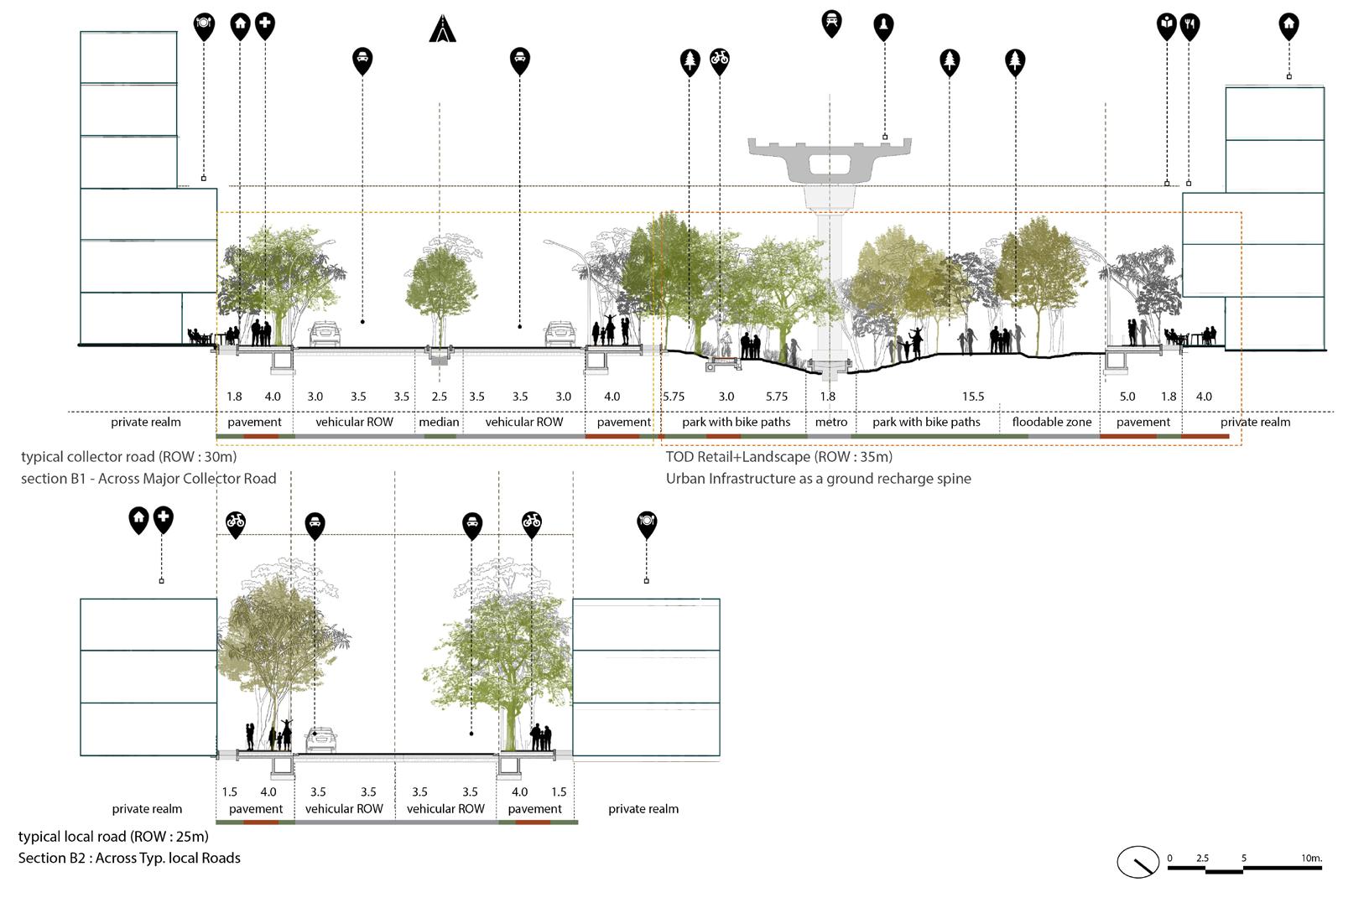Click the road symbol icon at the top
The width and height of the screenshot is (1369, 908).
click(442, 29)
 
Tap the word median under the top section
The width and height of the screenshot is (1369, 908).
click(439, 422)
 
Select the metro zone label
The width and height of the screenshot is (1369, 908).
click(830, 422)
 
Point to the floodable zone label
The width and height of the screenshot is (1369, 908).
click(1051, 422)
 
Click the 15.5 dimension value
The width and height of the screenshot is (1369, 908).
click(972, 397)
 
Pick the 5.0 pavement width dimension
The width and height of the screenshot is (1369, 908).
click(1127, 397)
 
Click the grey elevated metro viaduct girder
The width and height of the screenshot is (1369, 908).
click(830, 159)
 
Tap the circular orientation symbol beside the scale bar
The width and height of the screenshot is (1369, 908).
click(1137, 862)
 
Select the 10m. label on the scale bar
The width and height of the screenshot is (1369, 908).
click(1311, 858)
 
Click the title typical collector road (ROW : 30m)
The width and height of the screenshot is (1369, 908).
click(128, 457)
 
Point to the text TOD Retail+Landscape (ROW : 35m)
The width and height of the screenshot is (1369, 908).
click(778, 457)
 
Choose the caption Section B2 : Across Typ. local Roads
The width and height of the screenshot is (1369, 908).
click(129, 858)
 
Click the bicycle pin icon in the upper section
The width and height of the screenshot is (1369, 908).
click(719, 60)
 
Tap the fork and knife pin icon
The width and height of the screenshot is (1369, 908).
click(1189, 26)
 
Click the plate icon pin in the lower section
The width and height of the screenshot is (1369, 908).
click(646, 522)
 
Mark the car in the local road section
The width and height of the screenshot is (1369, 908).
click(320, 739)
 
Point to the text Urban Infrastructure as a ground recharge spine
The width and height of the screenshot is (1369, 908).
click(818, 479)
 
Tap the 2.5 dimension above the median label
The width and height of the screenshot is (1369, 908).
click(439, 397)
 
